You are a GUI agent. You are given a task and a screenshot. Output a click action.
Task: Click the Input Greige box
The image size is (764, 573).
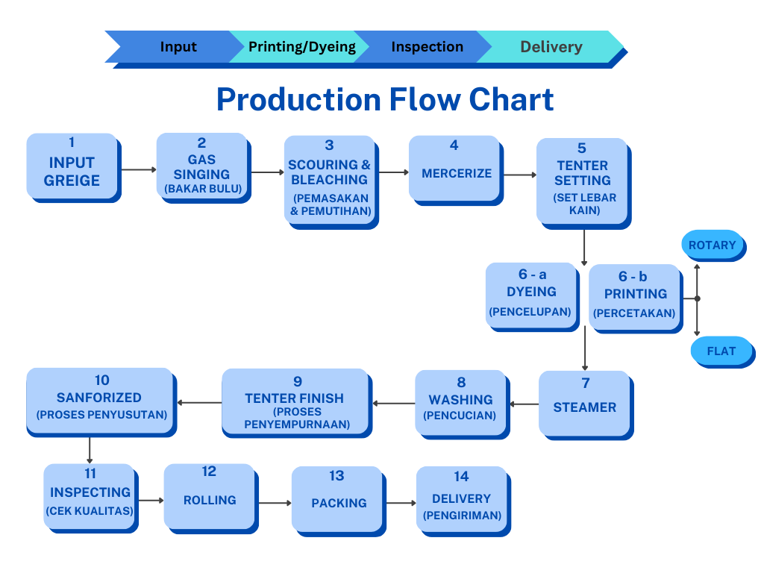pyautogui.click(x=72, y=166)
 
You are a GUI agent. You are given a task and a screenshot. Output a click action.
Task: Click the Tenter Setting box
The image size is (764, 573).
pyautogui.click(x=582, y=180)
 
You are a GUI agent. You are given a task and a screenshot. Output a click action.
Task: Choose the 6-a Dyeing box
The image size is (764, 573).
pyautogui.click(x=531, y=294)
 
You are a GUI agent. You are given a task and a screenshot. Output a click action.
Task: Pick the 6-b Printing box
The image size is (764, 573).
pyautogui.click(x=635, y=295)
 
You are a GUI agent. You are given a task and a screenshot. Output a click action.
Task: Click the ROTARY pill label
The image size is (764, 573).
pyautogui.click(x=712, y=245)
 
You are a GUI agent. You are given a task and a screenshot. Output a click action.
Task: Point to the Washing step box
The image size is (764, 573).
pyautogui.click(x=460, y=402)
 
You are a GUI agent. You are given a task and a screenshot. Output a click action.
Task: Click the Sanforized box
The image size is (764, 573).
pyautogui.click(x=101, y=401)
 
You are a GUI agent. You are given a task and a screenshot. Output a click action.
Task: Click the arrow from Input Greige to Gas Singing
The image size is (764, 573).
pyautogui.click(x=138, y=170)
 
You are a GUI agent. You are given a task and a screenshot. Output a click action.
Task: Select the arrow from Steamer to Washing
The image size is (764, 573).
pyautogui.click(x=524, y=404)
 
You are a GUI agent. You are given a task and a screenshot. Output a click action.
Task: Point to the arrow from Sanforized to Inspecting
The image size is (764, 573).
pyautogui.click(x=90, y=450)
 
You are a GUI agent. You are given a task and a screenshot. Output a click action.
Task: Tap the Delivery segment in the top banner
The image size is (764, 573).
pyautogui.click(x=552, y=47)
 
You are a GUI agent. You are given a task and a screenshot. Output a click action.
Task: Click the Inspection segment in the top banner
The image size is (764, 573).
pyautogui.click(x=427, y=47)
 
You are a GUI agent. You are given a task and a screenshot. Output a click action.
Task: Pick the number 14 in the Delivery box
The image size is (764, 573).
pyautogui.click(x=461, y=476)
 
